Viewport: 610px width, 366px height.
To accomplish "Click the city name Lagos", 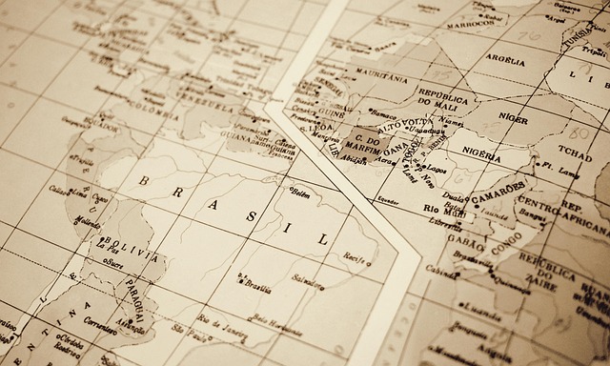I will click(x=421, y=166).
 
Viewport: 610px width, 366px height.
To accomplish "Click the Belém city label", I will click(x=300, y=193).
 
